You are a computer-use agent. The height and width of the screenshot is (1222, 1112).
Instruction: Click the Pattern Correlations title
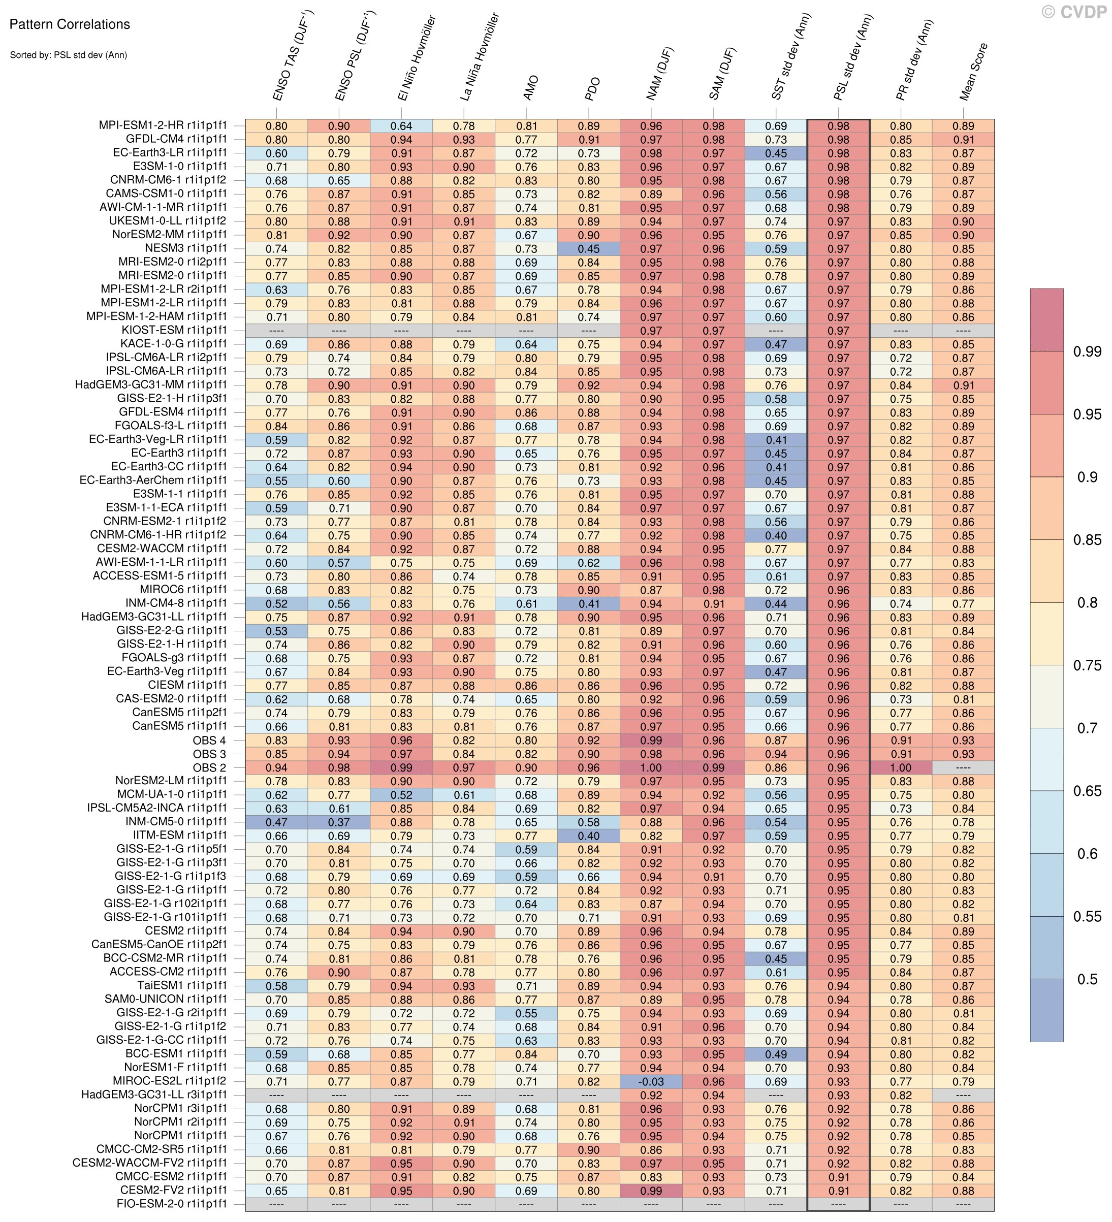[x=70, y=24]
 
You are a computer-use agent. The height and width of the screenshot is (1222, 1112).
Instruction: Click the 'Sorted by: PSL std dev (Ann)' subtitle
[x=68, y=55]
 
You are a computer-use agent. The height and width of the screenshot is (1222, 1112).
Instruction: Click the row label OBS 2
[x=209, y=768]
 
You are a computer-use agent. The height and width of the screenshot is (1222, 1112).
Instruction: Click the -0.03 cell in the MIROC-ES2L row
[x=651, y=1081]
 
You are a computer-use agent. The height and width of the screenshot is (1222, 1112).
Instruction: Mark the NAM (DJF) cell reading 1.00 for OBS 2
[x=651, y=768]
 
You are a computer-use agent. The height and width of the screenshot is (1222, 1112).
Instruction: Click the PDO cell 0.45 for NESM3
[x=588, y=248]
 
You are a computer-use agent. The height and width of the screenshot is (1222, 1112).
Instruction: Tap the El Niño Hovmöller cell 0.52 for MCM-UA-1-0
[x=401, y=795]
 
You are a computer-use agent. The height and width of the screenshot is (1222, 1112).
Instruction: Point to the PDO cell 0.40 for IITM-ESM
[x=588, y=836]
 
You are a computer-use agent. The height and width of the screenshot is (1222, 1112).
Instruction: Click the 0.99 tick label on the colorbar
[x=1087, y=351]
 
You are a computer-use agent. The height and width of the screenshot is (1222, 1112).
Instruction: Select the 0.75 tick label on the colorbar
[x=1087, y=665]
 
